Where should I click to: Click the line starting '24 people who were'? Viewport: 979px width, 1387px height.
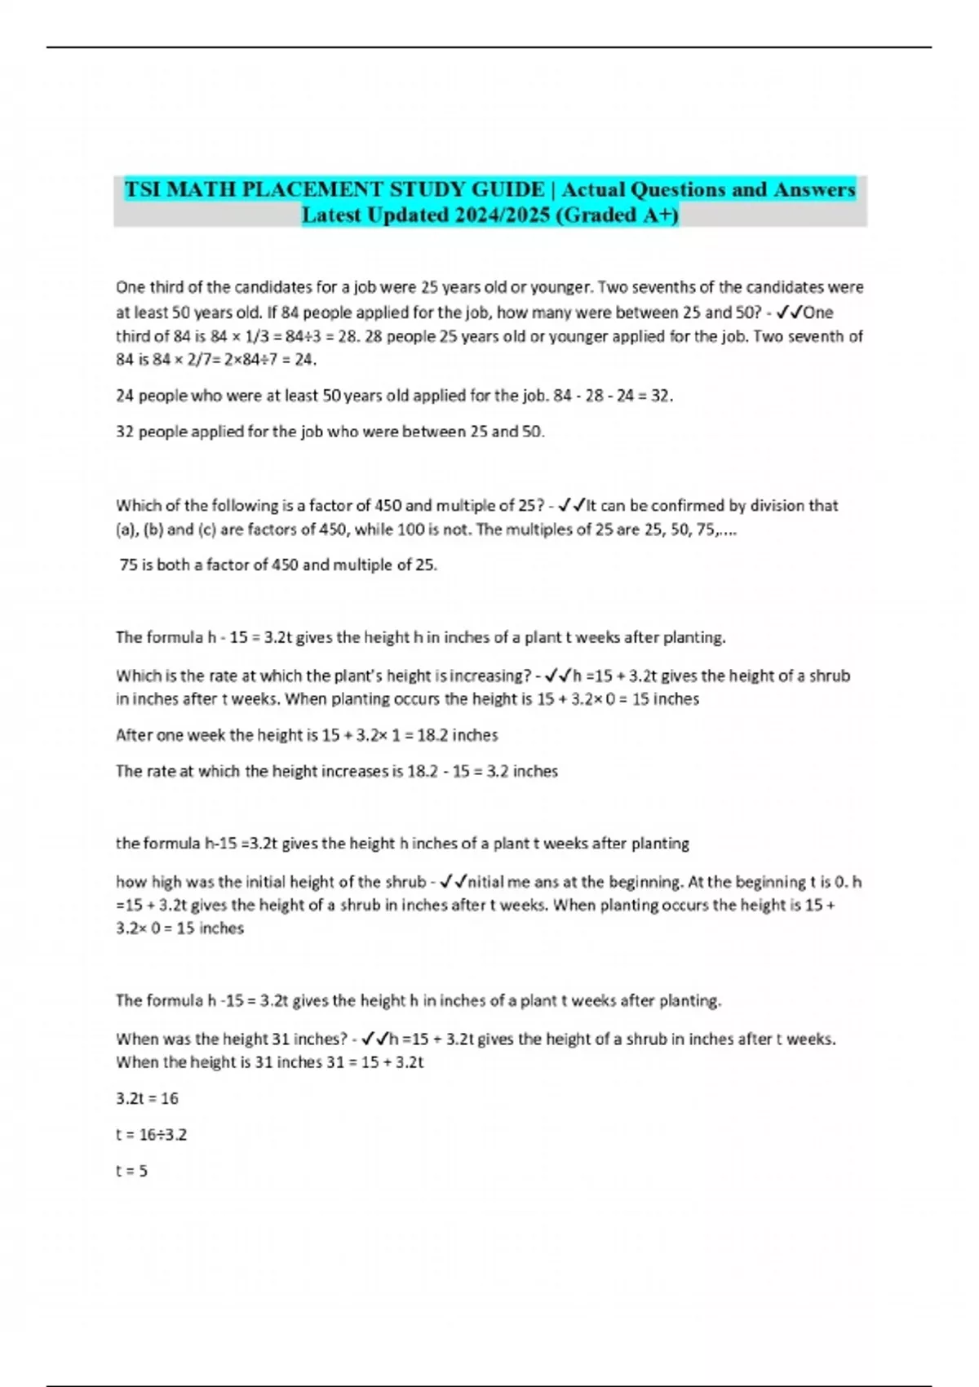pyautogui.click(x=394, y=396)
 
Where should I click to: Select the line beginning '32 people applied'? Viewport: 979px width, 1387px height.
pyautogui.click(x=330, y=432)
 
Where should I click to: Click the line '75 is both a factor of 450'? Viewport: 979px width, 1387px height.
pyautogui.click(x=278, y=565)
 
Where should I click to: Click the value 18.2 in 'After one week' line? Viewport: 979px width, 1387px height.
pyautogui.click(x=432, y=735)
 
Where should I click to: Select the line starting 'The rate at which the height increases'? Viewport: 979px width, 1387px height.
pyautogui.click(x=336, y=771)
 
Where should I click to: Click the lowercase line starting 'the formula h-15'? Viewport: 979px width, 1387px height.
pyautogui.click(x=402, y=843)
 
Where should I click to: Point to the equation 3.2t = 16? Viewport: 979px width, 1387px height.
pyautogui.click(x=147, y=1098)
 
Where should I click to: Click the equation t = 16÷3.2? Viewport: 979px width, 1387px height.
pyautogui.click(x=151, y=1134)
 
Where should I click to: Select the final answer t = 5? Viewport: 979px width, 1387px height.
pyautogui.click(x=131, y=1171)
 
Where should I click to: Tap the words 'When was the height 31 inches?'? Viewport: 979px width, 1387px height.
pyautogui.click(x=232, y=1039)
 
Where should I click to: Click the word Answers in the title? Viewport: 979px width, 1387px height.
pyautogui.click(x=813, y=190)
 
